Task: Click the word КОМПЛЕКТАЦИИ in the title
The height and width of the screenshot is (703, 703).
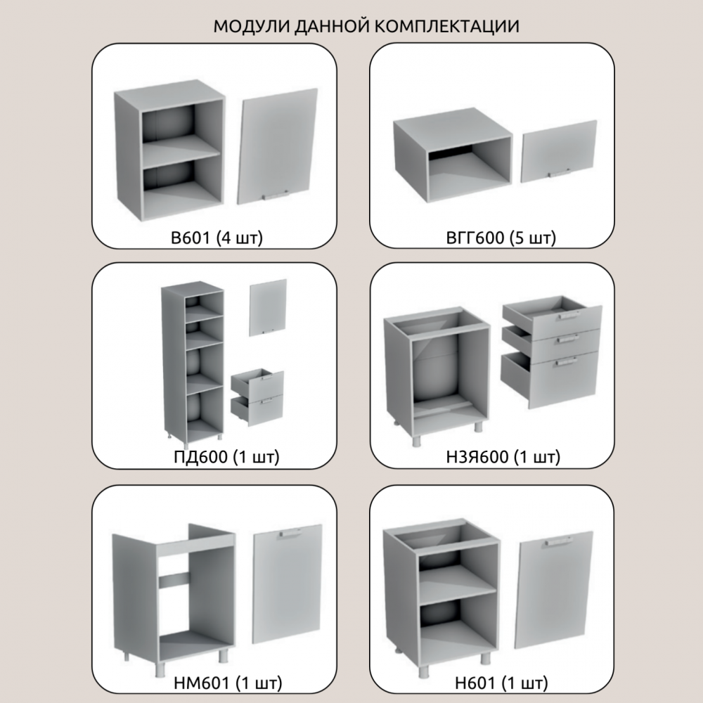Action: pyautogui.click(x=446, y=26)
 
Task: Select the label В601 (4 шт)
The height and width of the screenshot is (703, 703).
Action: pyautogui.click(x=217, y=238)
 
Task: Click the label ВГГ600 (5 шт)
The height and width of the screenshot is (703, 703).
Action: pyautogui.click(x=501, y=238)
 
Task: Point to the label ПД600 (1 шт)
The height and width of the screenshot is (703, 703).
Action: pyautogui.click(x=226, y=456)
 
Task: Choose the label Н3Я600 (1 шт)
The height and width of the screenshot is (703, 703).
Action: pyautogui.click(x=503, y=456)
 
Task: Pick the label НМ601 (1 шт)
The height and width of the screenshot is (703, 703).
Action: pyautogui.click(x=228, y=683)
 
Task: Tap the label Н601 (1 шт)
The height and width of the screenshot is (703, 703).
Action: pyautogui.click(x=501, y=683)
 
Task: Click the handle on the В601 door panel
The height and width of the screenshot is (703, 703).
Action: pyautogui.click(x=276, y=195)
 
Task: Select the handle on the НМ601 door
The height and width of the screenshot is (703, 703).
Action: pyautogui.click(x=292, y=534)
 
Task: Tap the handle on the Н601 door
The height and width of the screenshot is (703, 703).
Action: pyautogui.click(x=560, y=541)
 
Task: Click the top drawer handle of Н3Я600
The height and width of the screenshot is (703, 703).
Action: pyautogui.click(x=569, y=316)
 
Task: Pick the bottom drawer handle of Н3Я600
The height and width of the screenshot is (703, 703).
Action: pyautogui.click(x=566, y=361)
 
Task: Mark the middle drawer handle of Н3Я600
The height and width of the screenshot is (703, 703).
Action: pyautogui.click(x=567, y=339)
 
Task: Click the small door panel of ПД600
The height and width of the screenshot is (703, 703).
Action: pyautogui.click(x=268, y=308)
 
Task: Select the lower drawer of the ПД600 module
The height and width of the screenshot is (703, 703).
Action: pyautogui.click(x=257, y=411)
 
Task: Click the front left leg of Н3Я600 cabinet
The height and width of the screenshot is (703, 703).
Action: pyautogui.click(x=417, y=439)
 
